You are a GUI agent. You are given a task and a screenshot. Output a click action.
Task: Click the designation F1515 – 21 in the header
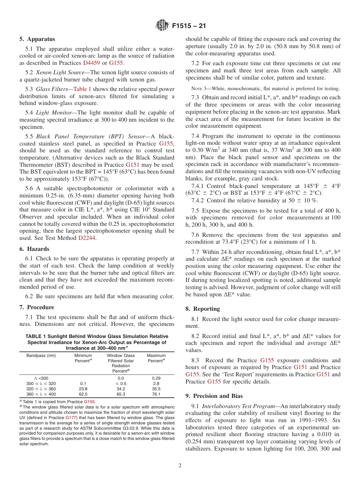click(189, 26)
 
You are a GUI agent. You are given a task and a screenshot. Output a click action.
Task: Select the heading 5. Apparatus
click(37, 39)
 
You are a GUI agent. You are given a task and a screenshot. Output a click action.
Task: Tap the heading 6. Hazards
click(35, 249)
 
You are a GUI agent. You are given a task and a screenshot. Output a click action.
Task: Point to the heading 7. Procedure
click(37, 307)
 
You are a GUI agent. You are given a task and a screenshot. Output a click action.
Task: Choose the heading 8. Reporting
click(202, 309)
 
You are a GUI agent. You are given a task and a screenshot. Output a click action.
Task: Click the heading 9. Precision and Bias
click(214, 396)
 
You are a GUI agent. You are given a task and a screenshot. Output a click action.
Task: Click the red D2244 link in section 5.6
click(87, 238)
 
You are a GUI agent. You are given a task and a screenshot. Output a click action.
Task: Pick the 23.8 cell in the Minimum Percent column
click(83, 389)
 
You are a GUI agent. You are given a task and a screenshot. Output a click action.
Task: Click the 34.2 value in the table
click(121, 389)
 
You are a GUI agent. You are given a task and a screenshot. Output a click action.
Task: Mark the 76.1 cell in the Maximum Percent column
click(156, 394)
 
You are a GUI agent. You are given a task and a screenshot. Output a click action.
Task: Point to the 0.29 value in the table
click(156, 378)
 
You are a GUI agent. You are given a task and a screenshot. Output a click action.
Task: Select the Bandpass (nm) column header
click(41, 356)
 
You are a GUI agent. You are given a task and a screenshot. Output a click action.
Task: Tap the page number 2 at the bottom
click(180, 466)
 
